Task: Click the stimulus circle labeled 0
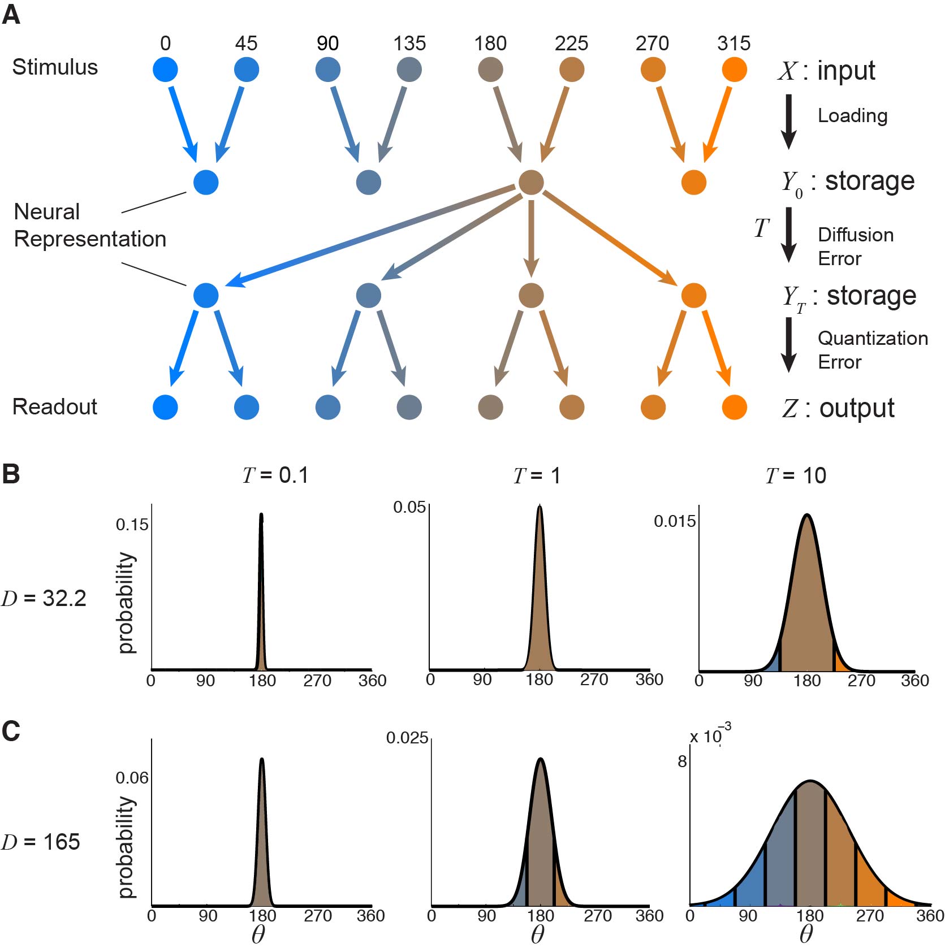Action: (x=165, y=70)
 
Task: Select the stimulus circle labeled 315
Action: (x=734, y=70)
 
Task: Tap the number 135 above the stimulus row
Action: (x=409, y=43)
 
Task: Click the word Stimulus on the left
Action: (x=55, y=67)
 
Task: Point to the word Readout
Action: (x=54, y=406)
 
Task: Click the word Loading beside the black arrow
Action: (x=852, y=115)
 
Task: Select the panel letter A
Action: (x=11, y=15)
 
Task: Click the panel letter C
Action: (x=11, y=731)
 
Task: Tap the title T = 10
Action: (x=795, y=475)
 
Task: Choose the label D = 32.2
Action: (x=44, y=598)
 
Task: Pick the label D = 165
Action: (x=41, y=842)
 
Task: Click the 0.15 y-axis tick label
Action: (x=132, y=524)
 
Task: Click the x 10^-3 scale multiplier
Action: (x=710, y=735)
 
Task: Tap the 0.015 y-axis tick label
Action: (x=674, y=521)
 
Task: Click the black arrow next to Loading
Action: (x=788, y=122)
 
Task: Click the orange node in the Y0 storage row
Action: (x=693, y=182)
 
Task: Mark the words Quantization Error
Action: (x=872, y=350)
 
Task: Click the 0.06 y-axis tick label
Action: (x=132, y=777)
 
